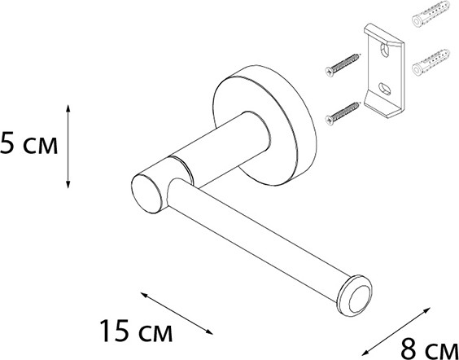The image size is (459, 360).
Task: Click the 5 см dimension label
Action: (x=28, y=143)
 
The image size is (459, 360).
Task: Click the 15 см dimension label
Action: (x=136, y=331)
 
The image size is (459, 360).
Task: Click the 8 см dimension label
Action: (x=429, y=349)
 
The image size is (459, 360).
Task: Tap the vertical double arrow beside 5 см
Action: (x=68, y=146)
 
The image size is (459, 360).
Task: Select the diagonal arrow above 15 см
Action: (x=177, y=313)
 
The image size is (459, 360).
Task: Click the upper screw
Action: (x=342, y=65)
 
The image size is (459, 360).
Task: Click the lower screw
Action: (x=342, y=113)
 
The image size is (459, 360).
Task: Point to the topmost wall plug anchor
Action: (x=431, y=14)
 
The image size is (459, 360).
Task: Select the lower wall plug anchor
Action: (x=431, y=63)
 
